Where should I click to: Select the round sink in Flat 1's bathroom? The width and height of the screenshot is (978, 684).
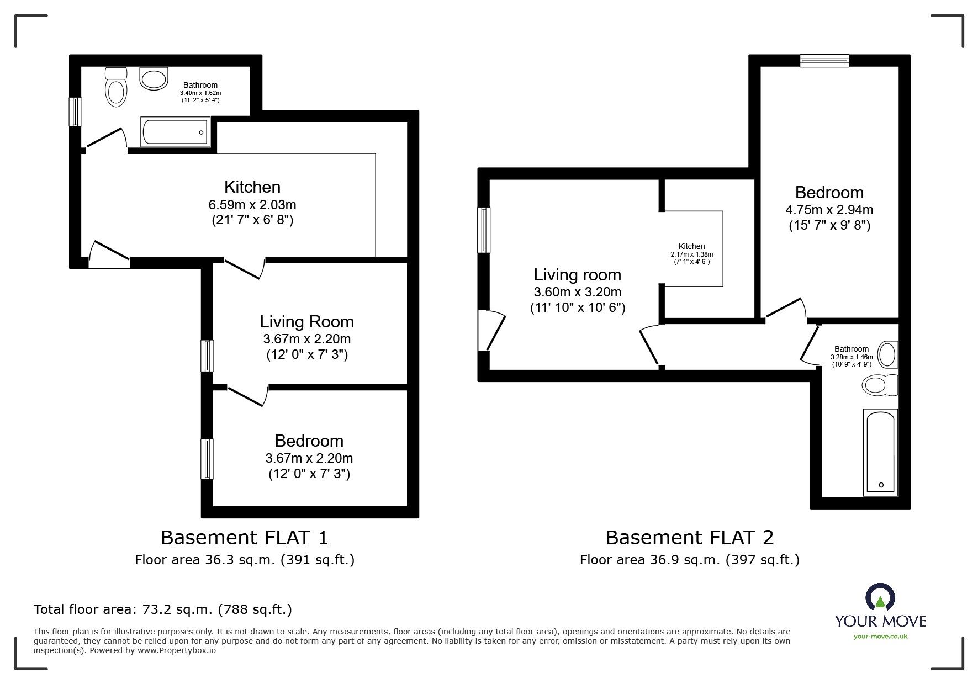(x=154, y=79)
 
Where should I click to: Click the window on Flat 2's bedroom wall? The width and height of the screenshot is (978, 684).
(x=824, y=61)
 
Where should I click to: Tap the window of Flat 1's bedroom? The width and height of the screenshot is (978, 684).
(x=207, y=459)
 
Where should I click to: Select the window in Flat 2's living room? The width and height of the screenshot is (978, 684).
(x=484, y=230)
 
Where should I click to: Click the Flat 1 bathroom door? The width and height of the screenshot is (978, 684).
(x=105, y=139)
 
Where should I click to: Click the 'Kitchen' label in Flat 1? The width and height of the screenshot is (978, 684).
(x=252, y=187)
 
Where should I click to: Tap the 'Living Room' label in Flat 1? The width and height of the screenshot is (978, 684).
(x=307, y=321)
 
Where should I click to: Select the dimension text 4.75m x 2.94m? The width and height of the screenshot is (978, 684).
(x=829, y=210)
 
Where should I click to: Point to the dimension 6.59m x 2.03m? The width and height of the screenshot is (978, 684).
(x=252, y=205)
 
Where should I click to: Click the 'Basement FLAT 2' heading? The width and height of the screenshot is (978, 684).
(x=690, y=537)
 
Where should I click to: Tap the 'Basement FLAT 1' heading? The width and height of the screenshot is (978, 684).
(x=245, y=537)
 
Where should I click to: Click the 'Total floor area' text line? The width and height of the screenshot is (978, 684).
(x=163, y=609)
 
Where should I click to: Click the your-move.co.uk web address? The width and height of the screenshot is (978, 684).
(x=881, y=637)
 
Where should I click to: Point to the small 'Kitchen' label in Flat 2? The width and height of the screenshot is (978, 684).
(x=692, y=247)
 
